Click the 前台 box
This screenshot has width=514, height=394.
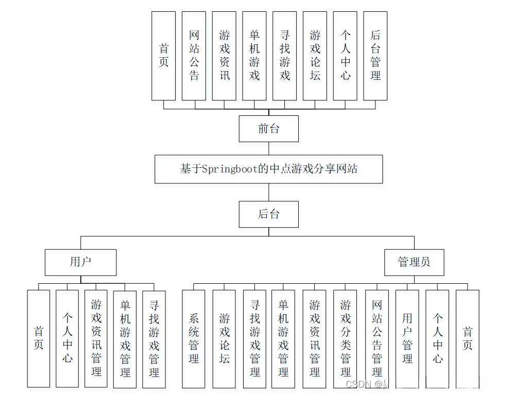pos(268,129)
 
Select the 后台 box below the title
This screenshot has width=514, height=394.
pos(268,214)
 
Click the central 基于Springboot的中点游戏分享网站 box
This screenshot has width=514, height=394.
pos(268,169)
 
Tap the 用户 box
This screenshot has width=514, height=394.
pos(80,262)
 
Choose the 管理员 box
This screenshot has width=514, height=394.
pos(414,262)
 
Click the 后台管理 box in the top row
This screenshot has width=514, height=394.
pos(375,56)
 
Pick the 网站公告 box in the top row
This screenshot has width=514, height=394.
pos(194,56)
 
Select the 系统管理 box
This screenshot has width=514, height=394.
pos(193,338)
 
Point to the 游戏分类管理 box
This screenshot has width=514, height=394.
pos(345,338)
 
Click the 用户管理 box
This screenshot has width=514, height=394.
pos(407,338)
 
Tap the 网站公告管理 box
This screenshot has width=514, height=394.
pos(377,338)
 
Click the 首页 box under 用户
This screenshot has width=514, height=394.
pos(39,338)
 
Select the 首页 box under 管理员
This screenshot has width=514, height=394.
pos(467,338)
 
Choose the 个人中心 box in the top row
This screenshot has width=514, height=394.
pos(345,56)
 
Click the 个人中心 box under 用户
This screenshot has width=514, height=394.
pos(67,338)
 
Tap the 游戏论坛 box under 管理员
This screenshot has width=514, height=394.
pos(224,338)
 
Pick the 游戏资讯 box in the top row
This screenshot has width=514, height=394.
pos(224,56)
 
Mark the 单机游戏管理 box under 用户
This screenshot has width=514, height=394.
pos(125,338)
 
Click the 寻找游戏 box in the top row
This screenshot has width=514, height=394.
pos(284,56)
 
